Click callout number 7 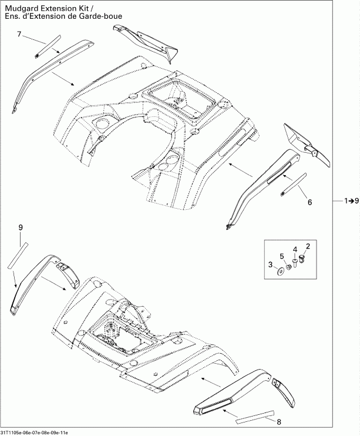19,35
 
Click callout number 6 309,202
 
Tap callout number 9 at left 21,227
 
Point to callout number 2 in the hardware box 308,244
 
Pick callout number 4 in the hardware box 295,249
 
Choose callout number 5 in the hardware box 281,256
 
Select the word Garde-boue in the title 103,15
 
